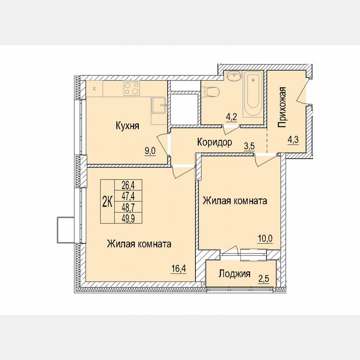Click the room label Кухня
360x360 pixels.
(x=127, y=126)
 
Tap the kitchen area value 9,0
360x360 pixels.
(x=150, y=151)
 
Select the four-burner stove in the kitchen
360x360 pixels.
(x=132, y=88)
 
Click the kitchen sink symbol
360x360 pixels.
(x=159, y=105)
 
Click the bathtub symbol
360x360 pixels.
(x=253, y=95)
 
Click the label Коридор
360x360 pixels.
(x=215, y=142)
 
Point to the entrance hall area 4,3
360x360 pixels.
(x=293, y=140)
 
